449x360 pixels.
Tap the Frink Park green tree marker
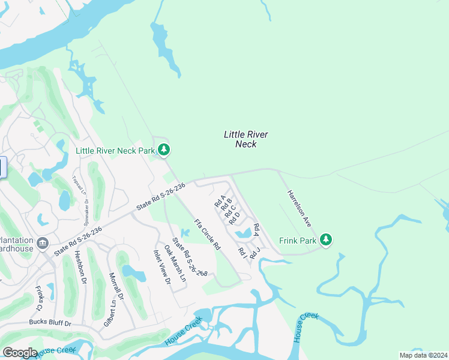(326, 240)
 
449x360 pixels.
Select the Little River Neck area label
(246, 139)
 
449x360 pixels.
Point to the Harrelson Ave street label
(299, 208)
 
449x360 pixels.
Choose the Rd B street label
(227, 205)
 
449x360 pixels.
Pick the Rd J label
(255, 253)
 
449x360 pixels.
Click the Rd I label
(243, 253)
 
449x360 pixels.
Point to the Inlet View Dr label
(162, 267)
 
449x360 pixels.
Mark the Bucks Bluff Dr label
(50, 323)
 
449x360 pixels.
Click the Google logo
(19, 352)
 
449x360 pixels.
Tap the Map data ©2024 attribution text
(423, 355)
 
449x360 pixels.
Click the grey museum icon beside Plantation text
(43, 243)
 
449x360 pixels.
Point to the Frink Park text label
(298, 241)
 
